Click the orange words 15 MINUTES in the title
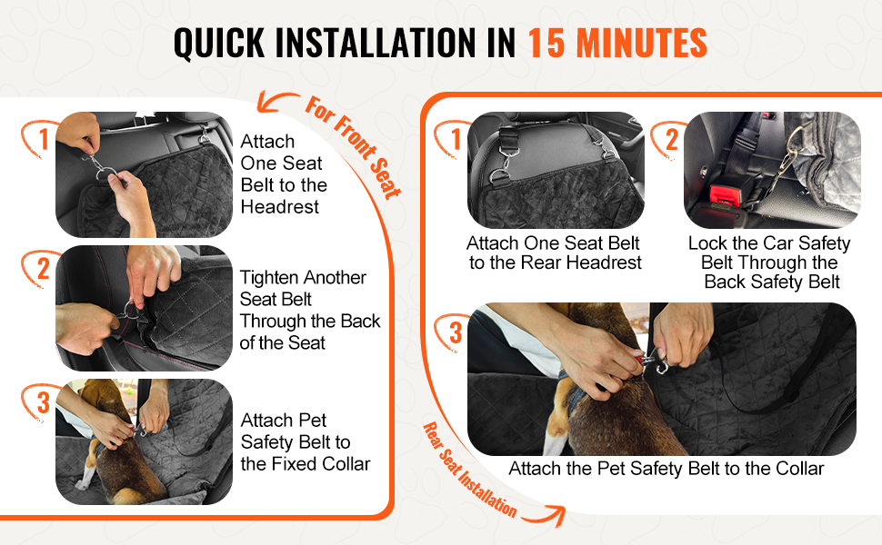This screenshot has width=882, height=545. (617, 43)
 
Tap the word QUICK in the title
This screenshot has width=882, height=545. (219, 44)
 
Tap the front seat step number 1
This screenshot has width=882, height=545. (45, 139)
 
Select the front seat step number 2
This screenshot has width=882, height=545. (44, 269)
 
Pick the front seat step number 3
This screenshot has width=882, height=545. (44, 402)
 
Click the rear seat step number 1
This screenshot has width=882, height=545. (456, 139)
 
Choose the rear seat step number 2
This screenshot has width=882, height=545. (672, 139)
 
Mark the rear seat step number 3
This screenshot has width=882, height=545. (455, 332)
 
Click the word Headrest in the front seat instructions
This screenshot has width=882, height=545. (279, 207)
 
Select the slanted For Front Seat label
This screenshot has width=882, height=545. (354, 147)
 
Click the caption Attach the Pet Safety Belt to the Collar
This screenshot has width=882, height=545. (666, 469)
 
